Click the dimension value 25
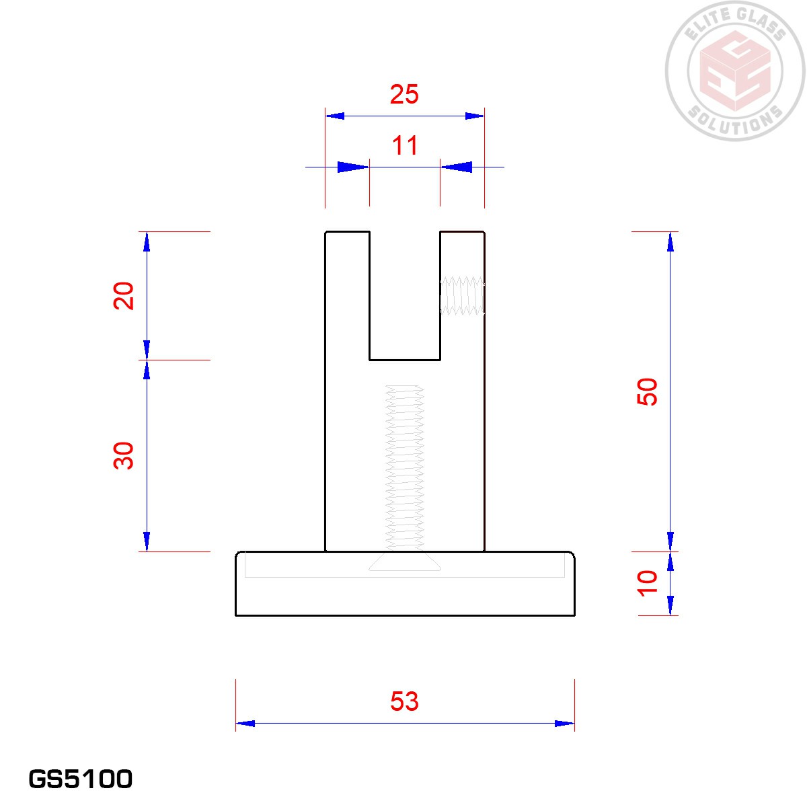tap(404, 94)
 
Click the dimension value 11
tap(405, 146)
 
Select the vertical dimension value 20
tap(124, 295)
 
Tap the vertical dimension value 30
tap(124, 455)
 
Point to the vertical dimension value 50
tap(647, 391)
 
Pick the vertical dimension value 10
tap(647, 582)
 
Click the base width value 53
tap(404, 701)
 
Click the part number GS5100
tap(81, 779)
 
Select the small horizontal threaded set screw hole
tap(462, 296)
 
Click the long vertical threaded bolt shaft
tap(404, 464)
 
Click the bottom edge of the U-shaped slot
tap(404, 360)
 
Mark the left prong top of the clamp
tap(347, 232)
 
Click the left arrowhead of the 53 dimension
tap(245, 724)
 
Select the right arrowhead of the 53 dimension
tap(565, 724)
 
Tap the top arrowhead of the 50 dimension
tap(670, 241)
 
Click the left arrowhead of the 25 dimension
tap(335, 116)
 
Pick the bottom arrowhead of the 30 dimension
tap(147, 541)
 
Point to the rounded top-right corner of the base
tap(572, 555)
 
